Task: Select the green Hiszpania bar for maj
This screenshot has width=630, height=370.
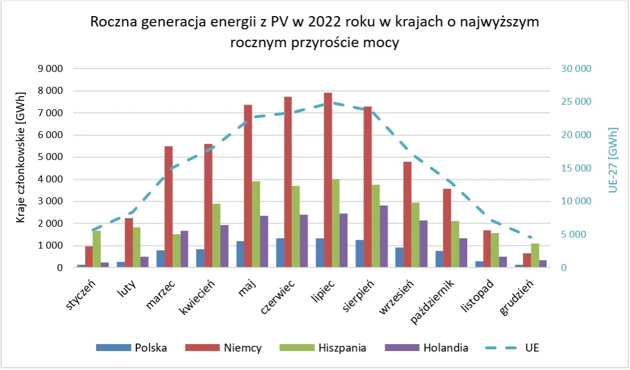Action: coord(256,224)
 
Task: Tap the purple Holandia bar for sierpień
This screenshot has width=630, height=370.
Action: coord(384,237)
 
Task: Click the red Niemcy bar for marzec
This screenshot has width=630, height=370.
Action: coord(169,207)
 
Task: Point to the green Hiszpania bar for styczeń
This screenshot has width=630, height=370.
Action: coord(97,249)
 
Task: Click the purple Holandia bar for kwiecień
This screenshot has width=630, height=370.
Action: coord(225,246)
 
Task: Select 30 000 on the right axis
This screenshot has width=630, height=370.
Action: coord(576,69)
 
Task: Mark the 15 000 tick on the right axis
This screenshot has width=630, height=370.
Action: coord(576,169)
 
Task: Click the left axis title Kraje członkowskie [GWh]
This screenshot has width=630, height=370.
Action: coord(21,157)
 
